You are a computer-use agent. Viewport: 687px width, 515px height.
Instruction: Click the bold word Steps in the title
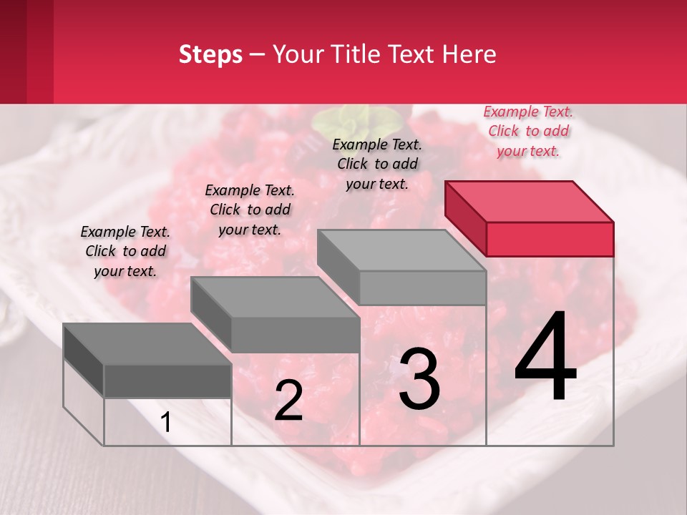(x=210, y=54)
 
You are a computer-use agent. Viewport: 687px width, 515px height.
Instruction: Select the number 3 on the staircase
(x=419, y=378)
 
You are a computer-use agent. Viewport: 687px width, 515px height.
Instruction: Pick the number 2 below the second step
(x=288, y=401)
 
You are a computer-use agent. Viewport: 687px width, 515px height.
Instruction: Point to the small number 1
(x=166, y=423)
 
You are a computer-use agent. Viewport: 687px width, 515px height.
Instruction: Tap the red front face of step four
(x=550, y=239)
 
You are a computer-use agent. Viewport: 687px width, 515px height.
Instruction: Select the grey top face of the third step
(x=401, y=250)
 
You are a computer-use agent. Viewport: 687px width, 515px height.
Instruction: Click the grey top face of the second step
(x=274, y=297)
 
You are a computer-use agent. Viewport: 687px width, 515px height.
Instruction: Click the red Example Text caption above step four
(x=528, y=131)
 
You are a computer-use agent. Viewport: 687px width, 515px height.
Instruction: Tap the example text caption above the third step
(x=377, y=164)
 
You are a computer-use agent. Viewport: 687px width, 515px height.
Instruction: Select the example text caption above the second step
(x=250, y=210)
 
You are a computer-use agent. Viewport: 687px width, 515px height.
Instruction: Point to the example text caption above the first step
(x=125, y=251)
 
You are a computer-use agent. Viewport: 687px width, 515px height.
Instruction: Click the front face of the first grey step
(x=167, y=381)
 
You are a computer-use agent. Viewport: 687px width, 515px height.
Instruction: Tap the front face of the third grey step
(x=422, y=288)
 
